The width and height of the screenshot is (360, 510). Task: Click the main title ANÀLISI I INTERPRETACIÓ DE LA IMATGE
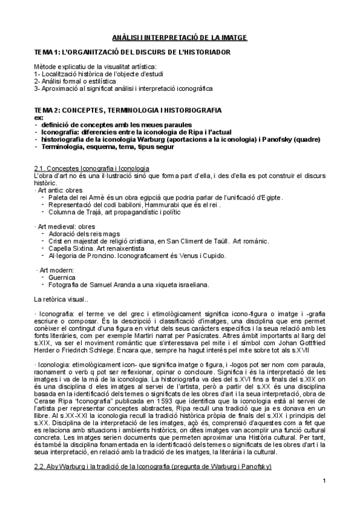pos(180,37)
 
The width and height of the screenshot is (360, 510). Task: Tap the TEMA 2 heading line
pos(128,110)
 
